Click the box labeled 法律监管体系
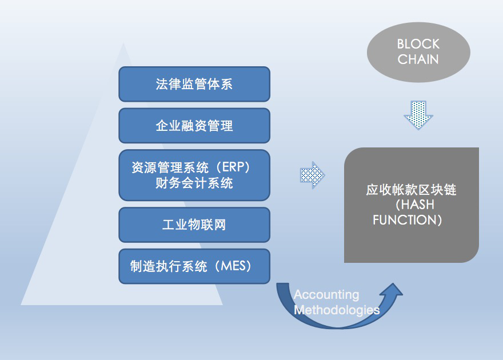(194, 84)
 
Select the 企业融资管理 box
(194, 126)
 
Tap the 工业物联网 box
(194, 224)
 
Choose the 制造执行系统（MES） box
(194, 266)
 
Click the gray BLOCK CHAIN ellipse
(418, 52)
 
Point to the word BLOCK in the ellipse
(418, 45)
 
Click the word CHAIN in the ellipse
(418, 59)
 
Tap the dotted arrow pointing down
(418, 114)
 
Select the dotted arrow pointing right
(312, 175)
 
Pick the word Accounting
(326, 295)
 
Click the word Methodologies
(337, 310)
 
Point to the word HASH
(418, 205)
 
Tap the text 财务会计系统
(194, 183)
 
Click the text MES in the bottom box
(234, 266)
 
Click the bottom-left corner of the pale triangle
(22, 304)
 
